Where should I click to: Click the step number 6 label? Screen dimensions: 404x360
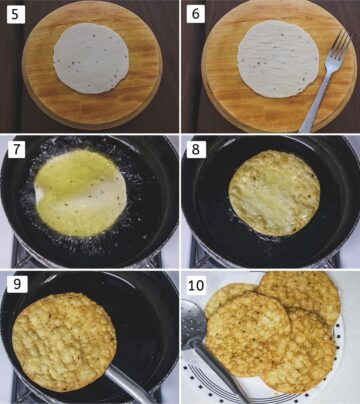pyautogui.click(x=197, y=14)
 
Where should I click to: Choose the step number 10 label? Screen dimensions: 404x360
pyautogui.click(x=199, y=284)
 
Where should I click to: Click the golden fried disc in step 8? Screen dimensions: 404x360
pyautogui.click(x=273, y=193)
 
